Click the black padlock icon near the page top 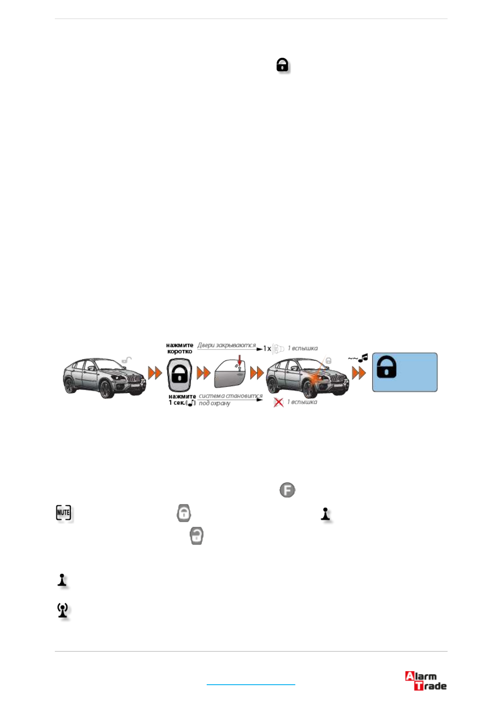282,65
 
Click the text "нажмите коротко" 180,348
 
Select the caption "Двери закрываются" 227,345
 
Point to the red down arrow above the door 240,360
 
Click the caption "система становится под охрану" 230,399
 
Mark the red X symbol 278,402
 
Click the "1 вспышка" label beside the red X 302,402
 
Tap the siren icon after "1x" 278,349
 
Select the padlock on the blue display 386,367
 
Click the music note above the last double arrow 363,358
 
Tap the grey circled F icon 287,490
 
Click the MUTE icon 64,513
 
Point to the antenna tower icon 63,610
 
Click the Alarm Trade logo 426,681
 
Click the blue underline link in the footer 251,684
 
